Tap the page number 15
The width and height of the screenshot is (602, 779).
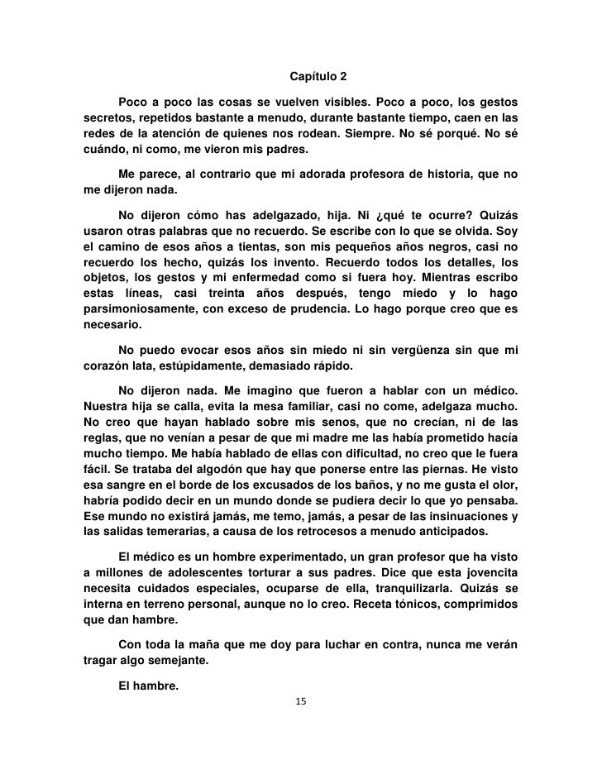(x=300, y=701)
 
